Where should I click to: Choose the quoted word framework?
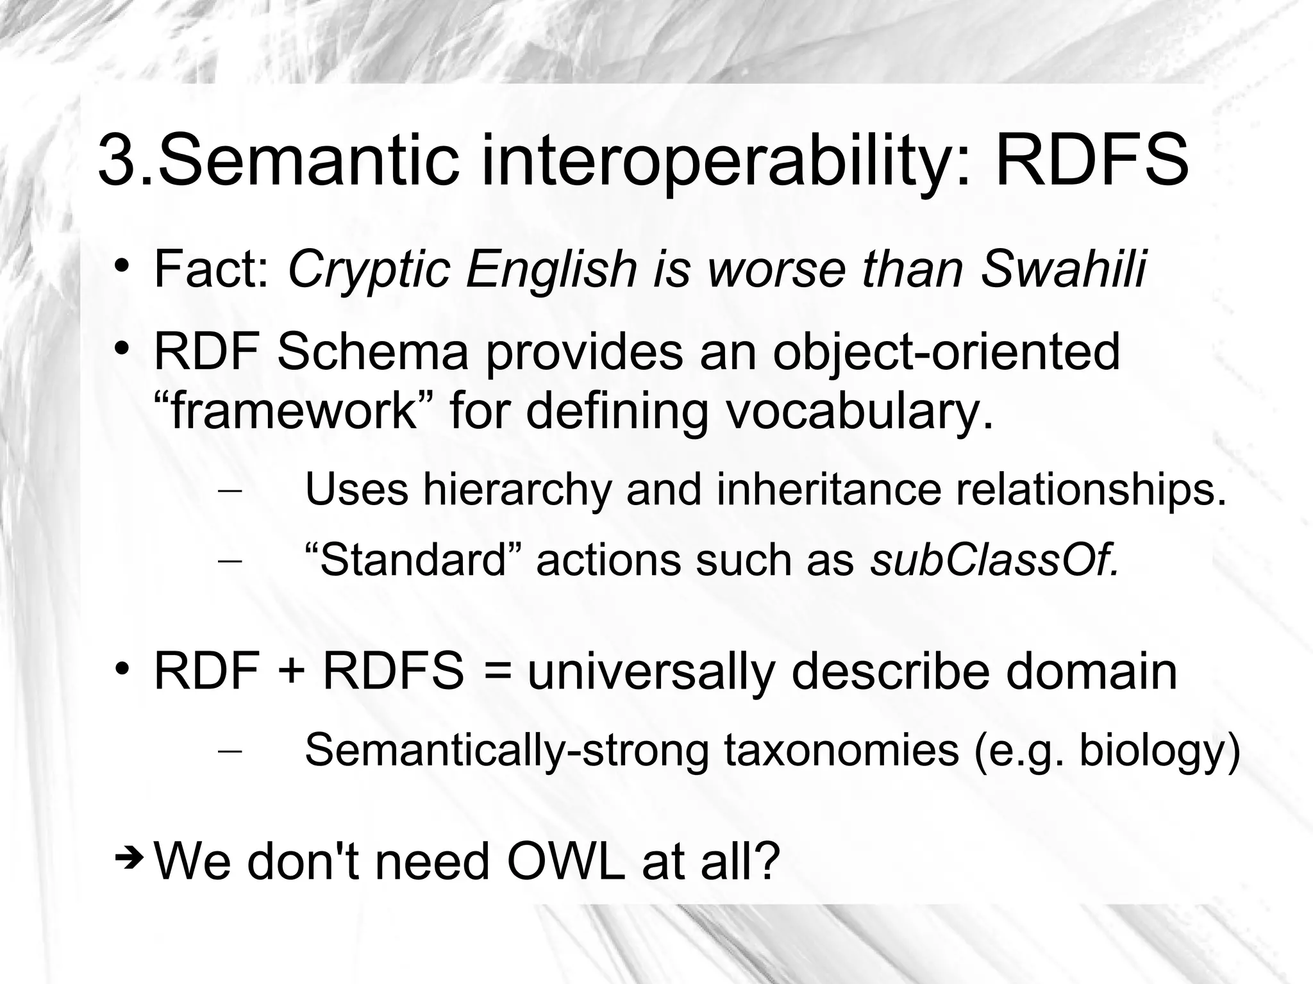coord(295,410)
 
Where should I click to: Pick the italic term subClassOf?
coord(994,560)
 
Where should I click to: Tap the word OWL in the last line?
coord(565,862)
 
